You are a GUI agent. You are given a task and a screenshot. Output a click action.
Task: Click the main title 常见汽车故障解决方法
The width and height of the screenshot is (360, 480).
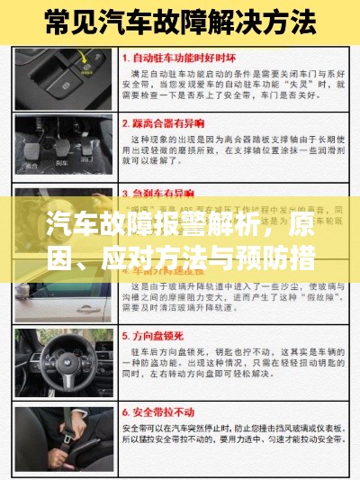pos(180,19)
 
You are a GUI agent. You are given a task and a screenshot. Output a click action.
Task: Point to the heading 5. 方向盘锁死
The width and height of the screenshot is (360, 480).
pos(161,332)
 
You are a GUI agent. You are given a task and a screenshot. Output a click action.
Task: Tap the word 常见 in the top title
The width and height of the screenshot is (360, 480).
pos(73,19)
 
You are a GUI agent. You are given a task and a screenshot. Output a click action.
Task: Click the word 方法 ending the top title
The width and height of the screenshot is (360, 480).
pos(292,19)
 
